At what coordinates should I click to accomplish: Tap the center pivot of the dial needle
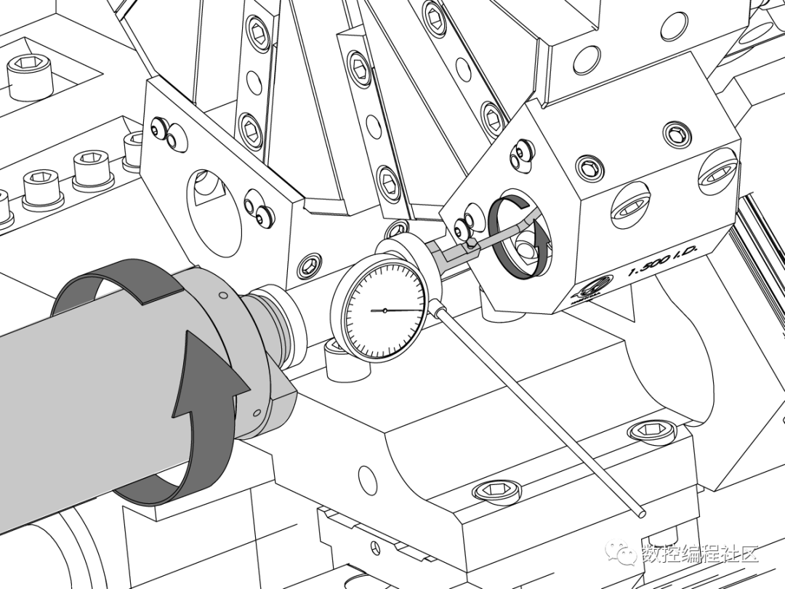click(385, 310)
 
